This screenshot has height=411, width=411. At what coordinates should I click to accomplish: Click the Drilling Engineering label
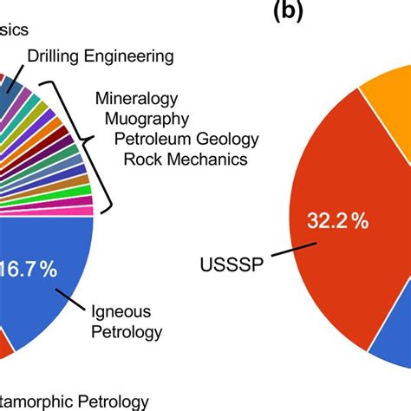[101, 56]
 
